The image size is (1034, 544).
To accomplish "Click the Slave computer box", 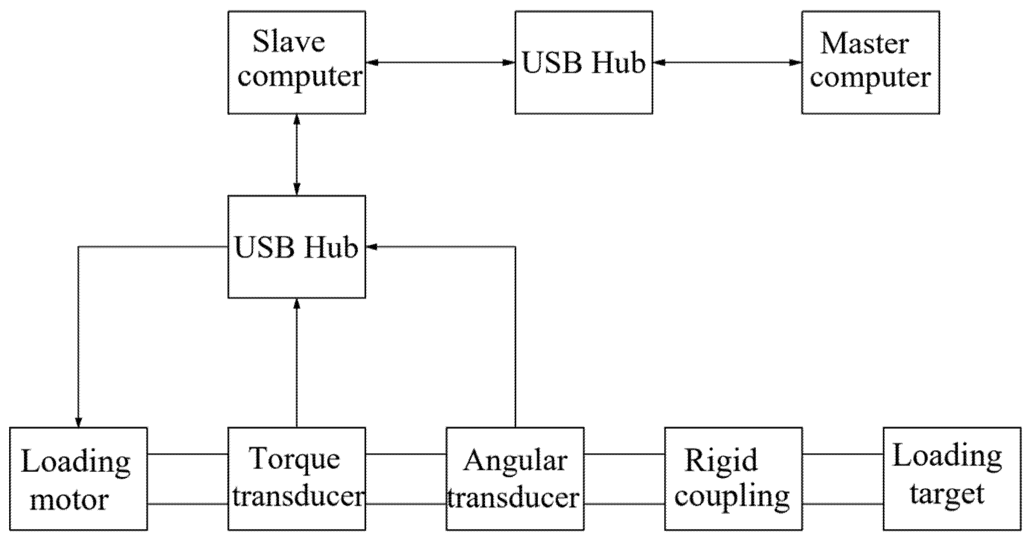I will [296, 62].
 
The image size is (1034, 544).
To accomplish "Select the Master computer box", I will [870, 62].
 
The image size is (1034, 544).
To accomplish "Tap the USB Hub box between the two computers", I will [583, 62].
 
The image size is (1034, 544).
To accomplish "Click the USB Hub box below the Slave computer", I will [296, 247].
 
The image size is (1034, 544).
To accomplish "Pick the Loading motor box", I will [78, 479].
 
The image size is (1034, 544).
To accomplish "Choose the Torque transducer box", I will [296, 479].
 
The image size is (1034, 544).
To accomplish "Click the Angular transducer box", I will [515, 479].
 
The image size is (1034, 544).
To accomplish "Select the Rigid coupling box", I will [733, 479].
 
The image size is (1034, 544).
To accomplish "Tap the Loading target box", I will [951, 479].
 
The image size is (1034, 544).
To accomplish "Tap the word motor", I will [69, 500].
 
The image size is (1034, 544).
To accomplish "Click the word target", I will [947, 494].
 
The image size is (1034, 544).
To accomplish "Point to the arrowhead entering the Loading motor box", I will [78, 422].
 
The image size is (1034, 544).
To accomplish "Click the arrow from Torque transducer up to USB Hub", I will [297, 361].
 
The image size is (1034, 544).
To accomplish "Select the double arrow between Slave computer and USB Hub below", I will [297, 155].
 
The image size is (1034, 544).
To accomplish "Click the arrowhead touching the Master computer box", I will [796, 62].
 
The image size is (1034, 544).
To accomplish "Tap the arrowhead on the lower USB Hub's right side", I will [372, 247].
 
